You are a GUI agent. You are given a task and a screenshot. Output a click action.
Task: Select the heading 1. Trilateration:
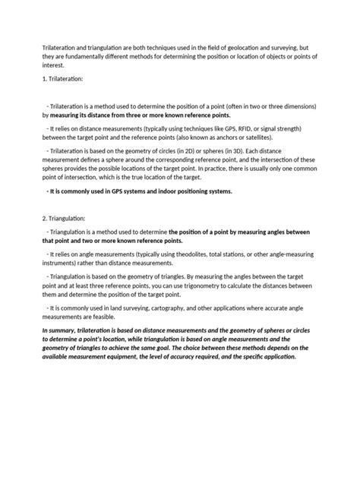(x=64, y=80)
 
